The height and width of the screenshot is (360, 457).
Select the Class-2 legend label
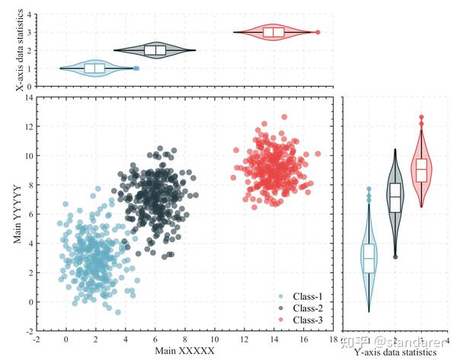tap(308, 307)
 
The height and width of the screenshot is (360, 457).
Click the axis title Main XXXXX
tap(185, 351)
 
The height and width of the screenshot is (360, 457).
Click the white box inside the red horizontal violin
tap(273, 32)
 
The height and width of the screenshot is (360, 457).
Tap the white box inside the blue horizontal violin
tap(94, 68)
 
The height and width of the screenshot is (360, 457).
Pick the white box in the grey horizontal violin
tap(155, 50)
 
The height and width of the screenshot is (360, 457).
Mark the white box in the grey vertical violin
tap(395, 196)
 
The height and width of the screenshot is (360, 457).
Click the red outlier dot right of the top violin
tap(318, 32)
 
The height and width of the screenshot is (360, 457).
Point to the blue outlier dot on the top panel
tap(136, 68)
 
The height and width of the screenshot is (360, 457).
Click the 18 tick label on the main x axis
tap(333, 339)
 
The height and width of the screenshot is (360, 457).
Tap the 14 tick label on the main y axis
tap(27, 97)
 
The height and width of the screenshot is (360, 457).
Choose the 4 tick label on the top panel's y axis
tap(29, 14)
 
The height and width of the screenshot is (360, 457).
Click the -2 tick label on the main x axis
tap(36, 339)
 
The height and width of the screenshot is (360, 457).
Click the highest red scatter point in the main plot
tap(284, 117)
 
